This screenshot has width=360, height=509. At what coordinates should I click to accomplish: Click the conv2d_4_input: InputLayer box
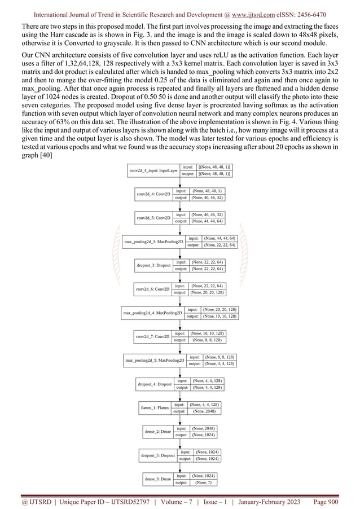click(153, 170)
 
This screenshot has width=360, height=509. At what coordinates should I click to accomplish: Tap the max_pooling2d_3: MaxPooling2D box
click(153, 242)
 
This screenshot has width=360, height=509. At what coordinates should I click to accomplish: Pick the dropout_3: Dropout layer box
click(153, 265)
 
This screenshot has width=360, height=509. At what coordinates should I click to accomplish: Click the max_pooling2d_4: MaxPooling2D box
click(152, 313)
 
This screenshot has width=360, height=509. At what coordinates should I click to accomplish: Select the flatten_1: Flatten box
click(155, 407)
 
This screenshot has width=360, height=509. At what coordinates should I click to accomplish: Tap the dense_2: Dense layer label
click(158, 432)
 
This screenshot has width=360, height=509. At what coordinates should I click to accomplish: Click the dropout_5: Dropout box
click(157, 455)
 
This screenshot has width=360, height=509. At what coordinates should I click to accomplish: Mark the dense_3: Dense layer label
click(158, 479)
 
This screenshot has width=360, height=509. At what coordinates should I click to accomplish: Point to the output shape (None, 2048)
click(204, 411)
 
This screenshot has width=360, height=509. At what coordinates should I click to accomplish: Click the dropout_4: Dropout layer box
click(155, 384)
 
